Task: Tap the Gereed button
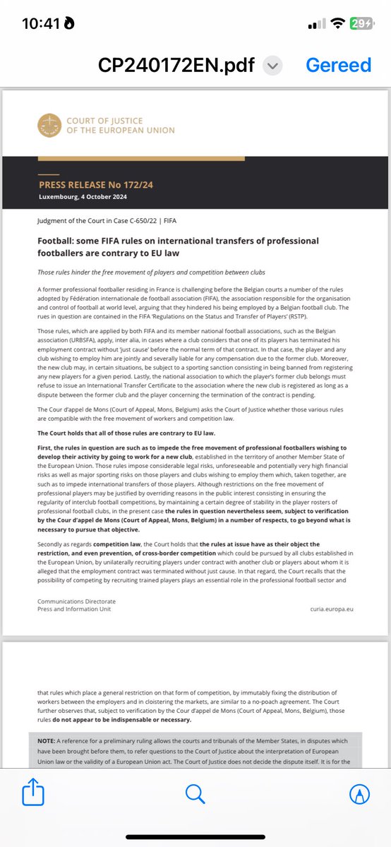click(338, 65)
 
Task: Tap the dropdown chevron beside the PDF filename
click(272, 66)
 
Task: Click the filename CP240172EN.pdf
click(177, 65)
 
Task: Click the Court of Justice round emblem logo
click(49, 126)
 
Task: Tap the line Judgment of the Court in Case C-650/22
click(98, 220)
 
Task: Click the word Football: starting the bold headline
click(57, 241)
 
